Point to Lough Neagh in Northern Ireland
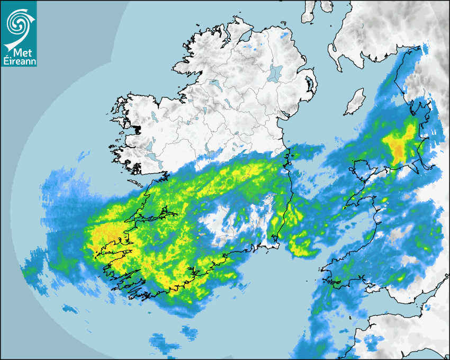(275, 73)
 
